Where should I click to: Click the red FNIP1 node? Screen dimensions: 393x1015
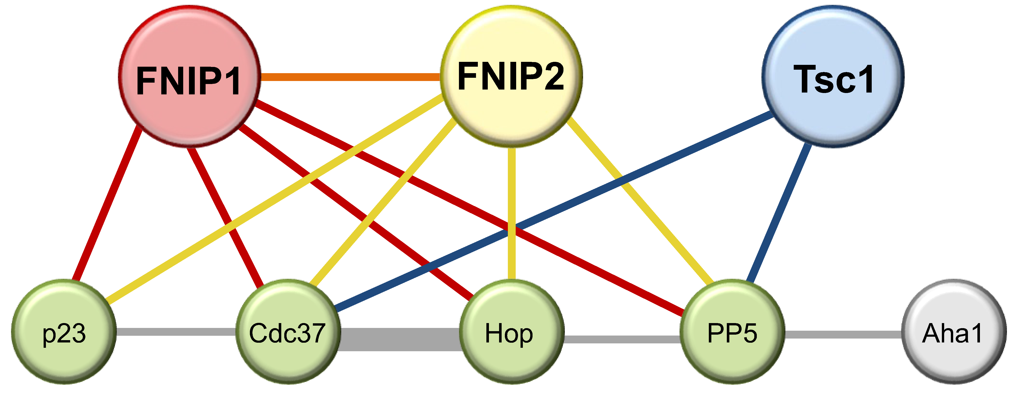(189, 77)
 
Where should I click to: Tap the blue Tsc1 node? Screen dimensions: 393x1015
(833, 77)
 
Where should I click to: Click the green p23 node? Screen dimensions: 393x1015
(64, 332)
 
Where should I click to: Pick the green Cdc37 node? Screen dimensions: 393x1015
(288, 332)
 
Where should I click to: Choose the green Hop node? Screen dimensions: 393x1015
(511, 332)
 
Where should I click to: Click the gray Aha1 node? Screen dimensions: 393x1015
(954, 332)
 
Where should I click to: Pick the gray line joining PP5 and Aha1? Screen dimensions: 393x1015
(843, 334)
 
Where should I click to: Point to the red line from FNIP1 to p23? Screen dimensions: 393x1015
(106, 205)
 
